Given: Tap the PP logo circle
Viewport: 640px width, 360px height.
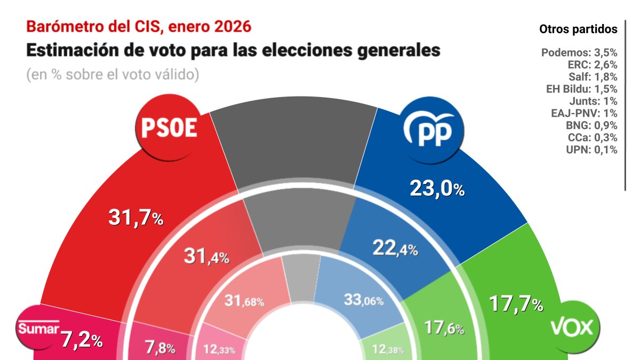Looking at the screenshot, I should pyautogui.click(x=431, y=130).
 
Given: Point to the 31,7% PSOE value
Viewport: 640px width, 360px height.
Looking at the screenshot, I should pyautogui.click(x=135, y=218).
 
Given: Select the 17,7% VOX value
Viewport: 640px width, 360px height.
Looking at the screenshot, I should pyautogui.click(x=516, y=305).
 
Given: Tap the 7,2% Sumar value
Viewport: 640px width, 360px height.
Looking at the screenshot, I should pyautogui.click(x=81, y=340).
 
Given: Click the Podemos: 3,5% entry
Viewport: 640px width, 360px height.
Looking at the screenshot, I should pyautogui.click(x=579, y=53).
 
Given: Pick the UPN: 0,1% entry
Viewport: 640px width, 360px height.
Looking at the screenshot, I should pyautogui.click(x=591, y=150).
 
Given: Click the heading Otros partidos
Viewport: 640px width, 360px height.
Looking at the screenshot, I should pyautogui.click(x=578, y=29).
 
